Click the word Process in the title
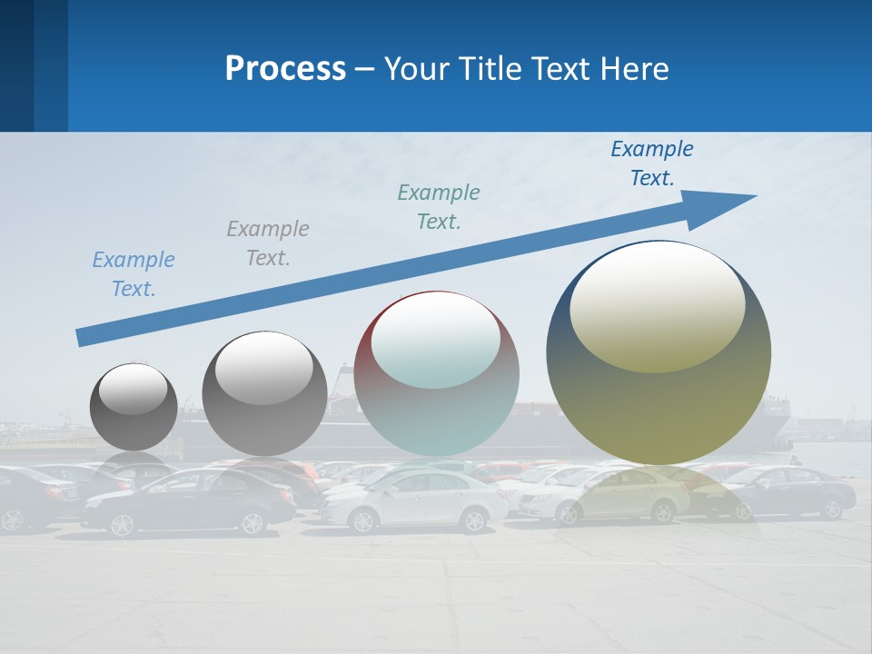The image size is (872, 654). (285, 69)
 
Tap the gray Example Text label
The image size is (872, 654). (267, 243)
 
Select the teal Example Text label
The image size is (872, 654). (439, 207)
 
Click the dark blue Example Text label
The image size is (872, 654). (652, 163)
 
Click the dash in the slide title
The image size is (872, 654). (365, 69)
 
